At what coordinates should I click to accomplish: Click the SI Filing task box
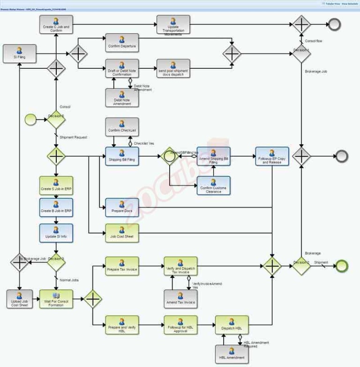pyautogui.click(x=19, y=53)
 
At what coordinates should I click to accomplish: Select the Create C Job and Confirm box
pyautogui.click(x=56, y=25)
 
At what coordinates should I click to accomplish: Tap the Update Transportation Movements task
pyautogui.click(x=173, y=25)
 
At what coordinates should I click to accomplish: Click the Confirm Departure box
pyautogui.click(x=122, y=43)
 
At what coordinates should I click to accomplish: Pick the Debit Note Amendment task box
pyautogui.click(x=122, y=97)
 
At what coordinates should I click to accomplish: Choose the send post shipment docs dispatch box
pyautogui.click(x=173, y=68)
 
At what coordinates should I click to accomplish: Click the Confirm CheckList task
pyautogui.click(x=122, y=127)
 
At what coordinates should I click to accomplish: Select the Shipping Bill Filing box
pyautogui.click(x=122, y=156)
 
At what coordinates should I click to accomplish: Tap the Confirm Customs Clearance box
pyautogui.click(x=213, y=185)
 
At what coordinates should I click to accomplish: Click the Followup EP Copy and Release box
pyautogui.click(x=272, y=156)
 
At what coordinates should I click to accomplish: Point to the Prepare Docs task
pyautogui.click(x=122, y=208)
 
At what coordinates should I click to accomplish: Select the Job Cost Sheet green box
pyautogui.click(x=122, y=233)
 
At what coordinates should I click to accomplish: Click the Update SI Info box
pyautogui.click(x=56, y=233)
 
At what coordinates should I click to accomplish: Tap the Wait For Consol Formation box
pyautogui.click(x=56, y=299)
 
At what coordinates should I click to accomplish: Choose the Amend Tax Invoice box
pyautogui.click(x=180, y=299)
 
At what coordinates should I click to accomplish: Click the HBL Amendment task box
pyautogui.click(x=232, y=354)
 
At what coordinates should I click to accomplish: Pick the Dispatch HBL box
pyautogui.click(x=232, y=325)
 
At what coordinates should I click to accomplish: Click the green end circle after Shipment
pyautogui.click(x=342, y=266)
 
